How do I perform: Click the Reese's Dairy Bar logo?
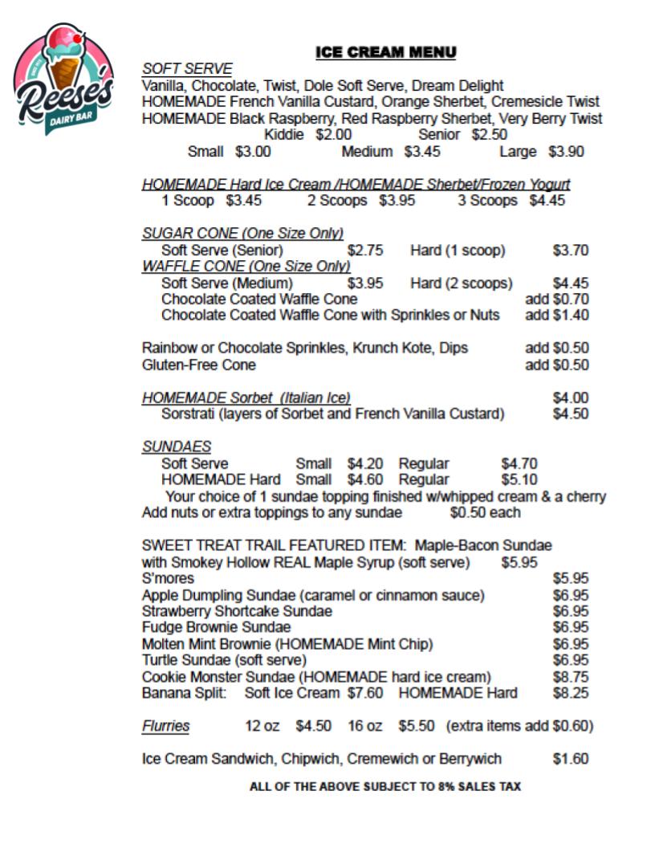(63, 80)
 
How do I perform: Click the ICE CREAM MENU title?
(386, 53)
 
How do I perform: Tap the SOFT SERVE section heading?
(187, 69)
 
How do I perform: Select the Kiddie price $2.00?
(333, 135)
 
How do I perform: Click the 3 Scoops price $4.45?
(547, 201)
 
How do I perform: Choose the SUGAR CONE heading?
(242, 234)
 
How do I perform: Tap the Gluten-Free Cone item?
(199, 365)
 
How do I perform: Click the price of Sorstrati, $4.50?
(571, 414)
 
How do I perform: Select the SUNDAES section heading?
(177, 446)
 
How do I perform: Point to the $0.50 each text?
(485, 512)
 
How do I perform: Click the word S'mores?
(168, 578)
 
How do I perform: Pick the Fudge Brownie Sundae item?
(216, 627)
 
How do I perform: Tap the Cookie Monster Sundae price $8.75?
(571, 677)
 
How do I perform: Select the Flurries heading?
(166, 726)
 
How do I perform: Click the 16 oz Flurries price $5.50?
(417, 726)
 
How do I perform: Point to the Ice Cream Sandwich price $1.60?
(571, 759)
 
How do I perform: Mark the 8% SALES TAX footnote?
(385, 787)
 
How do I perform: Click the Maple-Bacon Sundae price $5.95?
(519, 562)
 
